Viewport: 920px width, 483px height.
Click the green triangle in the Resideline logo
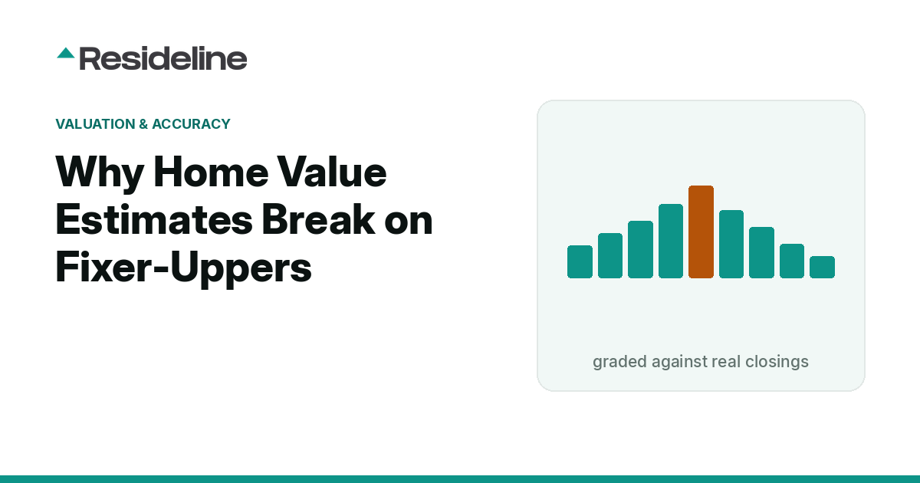click(x=66, y=54)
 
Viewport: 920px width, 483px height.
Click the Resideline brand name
click(x=163, y=59)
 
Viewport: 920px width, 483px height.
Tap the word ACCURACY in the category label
click(x=191, y=124)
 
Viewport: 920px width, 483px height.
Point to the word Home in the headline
click(x=211, y=172)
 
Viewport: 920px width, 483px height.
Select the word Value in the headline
click(x=331, y=172)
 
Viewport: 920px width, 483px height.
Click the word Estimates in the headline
click(x=154, y=219)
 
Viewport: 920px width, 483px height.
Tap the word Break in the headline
click(x=319, y=219)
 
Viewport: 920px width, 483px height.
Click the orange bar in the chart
click(x=701, y=232)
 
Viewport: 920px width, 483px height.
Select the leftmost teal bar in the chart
click(x=580, y=262)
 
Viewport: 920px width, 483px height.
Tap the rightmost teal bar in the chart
click(x=822, y=268)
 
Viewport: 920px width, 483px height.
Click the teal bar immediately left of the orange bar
click(x=671, y=241)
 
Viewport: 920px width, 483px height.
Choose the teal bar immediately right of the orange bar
click(x=731, y=245)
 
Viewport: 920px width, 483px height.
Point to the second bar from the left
click(x=610, y=256)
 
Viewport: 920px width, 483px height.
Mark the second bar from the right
click(x=792, y=261)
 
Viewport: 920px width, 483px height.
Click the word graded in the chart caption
click(x=619, y=362)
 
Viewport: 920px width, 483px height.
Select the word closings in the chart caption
click(x=777, y=362)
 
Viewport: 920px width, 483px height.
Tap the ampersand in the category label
click(x=143, y=124)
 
